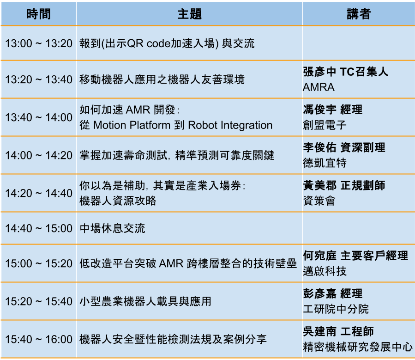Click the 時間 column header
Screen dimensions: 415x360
[39, 14]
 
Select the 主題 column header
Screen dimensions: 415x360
[190, 14]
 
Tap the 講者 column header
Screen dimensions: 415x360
[359, 14]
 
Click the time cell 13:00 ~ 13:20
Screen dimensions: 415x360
[39, 43]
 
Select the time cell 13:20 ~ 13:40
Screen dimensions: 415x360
[39, 79]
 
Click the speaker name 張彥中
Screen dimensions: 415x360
[319, 72]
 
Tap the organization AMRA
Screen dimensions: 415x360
[319, 87]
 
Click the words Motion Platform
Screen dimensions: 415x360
[132, 125]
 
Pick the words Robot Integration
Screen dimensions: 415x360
[230, 125]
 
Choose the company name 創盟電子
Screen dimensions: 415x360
[325, 125]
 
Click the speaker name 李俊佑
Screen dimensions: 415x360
[319, 147]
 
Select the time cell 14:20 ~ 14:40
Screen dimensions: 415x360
[39, 193]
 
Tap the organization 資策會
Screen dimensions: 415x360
[319, 201]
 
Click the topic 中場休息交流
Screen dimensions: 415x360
[112, 228]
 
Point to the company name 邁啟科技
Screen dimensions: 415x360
[325, 271]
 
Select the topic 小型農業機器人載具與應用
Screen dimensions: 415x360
[145, 301]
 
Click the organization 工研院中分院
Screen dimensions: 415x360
[336, 309]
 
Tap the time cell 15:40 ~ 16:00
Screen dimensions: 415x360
[39, 339]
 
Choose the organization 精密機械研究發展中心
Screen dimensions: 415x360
[358, 347]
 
